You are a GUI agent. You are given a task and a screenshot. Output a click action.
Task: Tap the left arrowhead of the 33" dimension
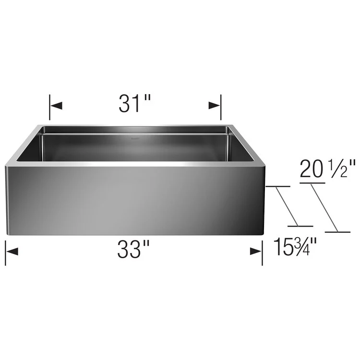tap(12, 251)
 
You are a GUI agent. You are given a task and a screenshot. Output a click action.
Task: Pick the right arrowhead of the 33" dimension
tap(256, 251)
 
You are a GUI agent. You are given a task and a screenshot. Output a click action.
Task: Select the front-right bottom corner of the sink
tap(264, 234)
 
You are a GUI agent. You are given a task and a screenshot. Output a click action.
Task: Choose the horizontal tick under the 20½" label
tap(312, 183)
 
